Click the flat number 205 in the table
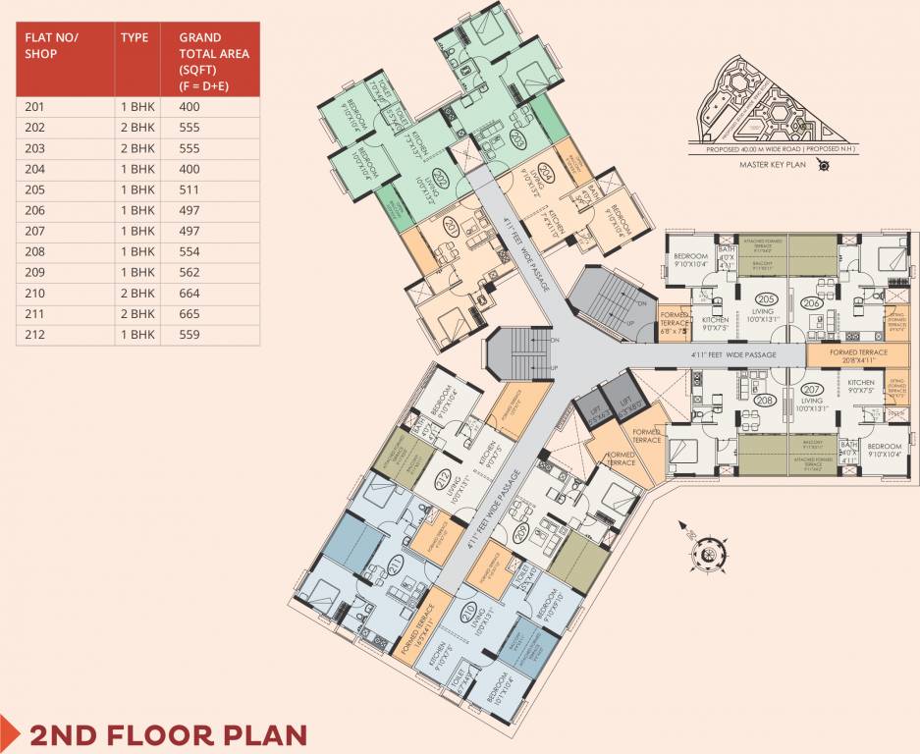pyautogui.click(x=35, y=189)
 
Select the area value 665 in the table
pyautogui.click(x=189, y=314)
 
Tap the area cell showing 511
pyautogui.click(x=189, y=189)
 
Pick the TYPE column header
pyautogui.click(x=135, y=37)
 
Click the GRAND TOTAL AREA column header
pyautogui.click(x=213, y=61)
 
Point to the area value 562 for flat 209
pyautogui.click(x=189, y=272)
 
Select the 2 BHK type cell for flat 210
pyautogui.click(x=137, y=294)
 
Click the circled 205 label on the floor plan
pyautogui.click(x=767, y=298)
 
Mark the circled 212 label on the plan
pyautogui.click(x=443, y=479)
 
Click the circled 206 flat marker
pyautogui.click(x=812, y=303)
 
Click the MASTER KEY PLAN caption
pyautogui.click(x=772, y=165)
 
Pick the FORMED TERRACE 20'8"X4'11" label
pyautogui.click(x=858, y=356)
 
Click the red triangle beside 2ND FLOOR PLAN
pyautogui.click(x=11, y=732)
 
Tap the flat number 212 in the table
pyautogui.click(x=35, y=335)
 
